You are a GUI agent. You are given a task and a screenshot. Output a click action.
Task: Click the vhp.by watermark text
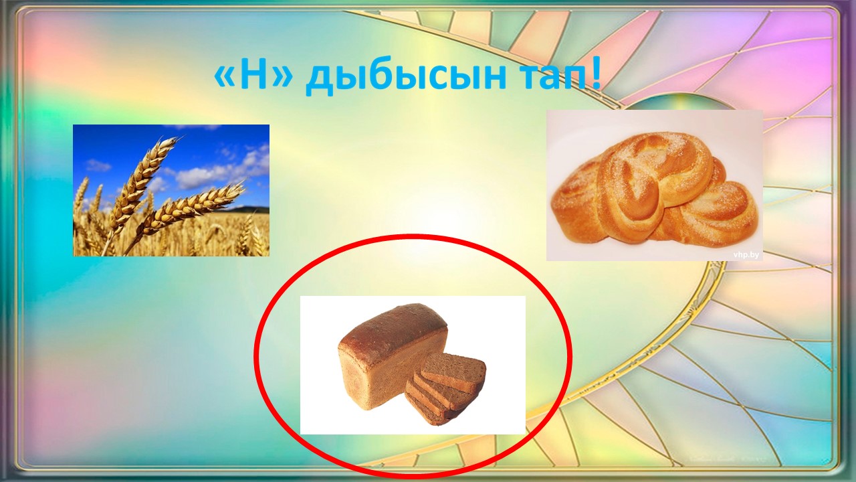746,254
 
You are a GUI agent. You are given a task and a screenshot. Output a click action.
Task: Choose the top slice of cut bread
453,369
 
